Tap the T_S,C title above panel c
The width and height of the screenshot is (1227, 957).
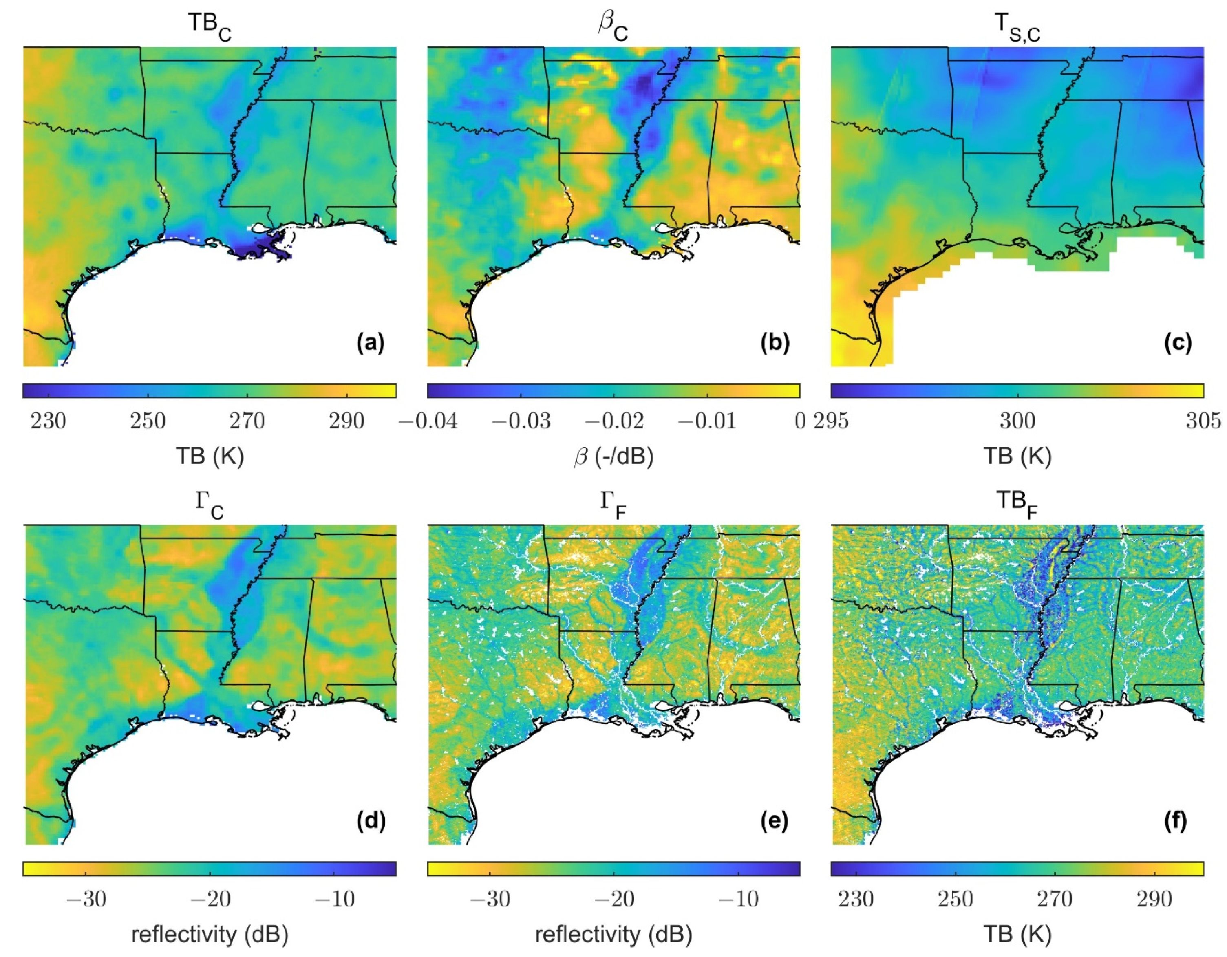[x=1017, y=26]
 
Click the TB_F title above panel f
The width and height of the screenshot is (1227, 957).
[x=1017, y=504]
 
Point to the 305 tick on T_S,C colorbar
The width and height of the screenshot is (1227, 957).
[x=1203, y=421]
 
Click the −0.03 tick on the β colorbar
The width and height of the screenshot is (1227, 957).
[x=521, y=421]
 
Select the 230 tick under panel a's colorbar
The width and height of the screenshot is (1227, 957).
[x=49, y=421]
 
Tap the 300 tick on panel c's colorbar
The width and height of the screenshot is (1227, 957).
[x=1017, y=421]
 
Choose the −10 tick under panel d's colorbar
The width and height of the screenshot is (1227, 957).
[x=334, y=899]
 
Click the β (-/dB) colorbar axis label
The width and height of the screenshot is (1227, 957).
[x=613, y=456]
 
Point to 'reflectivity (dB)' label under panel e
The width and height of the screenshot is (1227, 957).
[x=613, y=935]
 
